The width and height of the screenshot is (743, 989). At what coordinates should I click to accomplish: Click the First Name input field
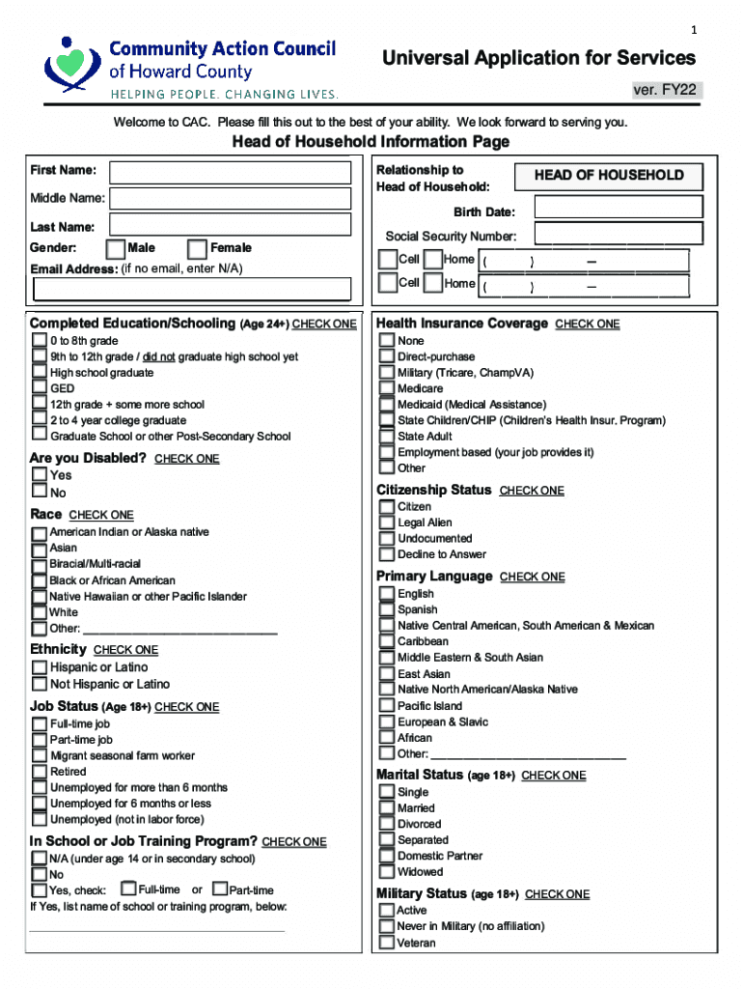click(x=230, y=173)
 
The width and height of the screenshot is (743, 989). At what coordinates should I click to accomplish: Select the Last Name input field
click(x=230, y=226)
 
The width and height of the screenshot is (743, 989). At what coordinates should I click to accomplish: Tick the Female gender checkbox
click(x=197, y=250)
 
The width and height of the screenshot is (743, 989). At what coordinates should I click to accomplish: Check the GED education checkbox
click(x=40, y=388)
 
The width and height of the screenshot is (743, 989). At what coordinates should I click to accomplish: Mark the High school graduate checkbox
click(x=40, y=373)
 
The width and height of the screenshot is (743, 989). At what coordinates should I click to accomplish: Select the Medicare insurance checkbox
click(x=387, y=388)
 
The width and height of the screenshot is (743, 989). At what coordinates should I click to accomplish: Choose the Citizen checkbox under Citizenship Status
click(x=387, y=507)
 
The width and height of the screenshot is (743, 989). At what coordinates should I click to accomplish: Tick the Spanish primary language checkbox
click(x=387, y=609)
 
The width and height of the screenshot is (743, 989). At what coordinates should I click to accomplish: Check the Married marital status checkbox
click(x=387, y=808)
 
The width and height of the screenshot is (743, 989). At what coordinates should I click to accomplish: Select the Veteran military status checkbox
click(x=387, y=943)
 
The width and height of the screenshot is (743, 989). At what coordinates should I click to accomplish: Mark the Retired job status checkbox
click(x=40, y=772)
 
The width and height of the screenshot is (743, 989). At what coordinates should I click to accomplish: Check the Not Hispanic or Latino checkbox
click(x=40, y=684)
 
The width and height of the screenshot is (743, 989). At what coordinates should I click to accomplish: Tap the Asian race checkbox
click(x=40, y=549)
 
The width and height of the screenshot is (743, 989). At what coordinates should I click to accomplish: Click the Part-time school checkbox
click(x=220, y=890)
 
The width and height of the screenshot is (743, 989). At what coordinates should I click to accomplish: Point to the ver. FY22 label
click(x=664, y=91)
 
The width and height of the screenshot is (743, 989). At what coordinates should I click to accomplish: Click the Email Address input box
click(x=191, y=289)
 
